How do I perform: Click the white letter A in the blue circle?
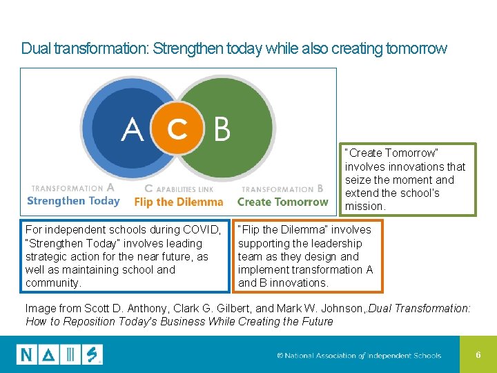pyautogui.click(x=133, y=129)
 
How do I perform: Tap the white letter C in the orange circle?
pyautogui.click(x=177, y=128)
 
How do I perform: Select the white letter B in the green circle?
pyautogui.click(x=222, y=129)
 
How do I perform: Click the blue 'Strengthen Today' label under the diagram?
pyautogui.click(x=73, y=201)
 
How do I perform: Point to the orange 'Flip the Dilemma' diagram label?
pyautogui.click(x=179, y=202)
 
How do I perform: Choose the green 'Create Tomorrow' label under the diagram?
pyautogui.click(x=282, y=202)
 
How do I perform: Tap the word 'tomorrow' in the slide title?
pyautogui.click(x=418, y=49)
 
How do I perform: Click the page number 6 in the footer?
pyautogui.click(x=478, y=355)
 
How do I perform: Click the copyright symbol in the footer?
pyautogui.click(x=280, y=356)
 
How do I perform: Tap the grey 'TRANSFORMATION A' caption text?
pyautogui.click(x=72, y=188)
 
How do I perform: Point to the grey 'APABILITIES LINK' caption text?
pyautogui.click(x=186, y=189)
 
